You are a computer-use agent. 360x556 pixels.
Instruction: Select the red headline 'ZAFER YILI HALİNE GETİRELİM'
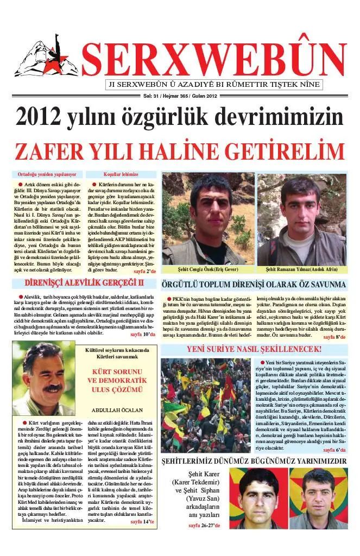(x=180, y=150)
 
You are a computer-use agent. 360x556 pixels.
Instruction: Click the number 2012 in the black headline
(x=42, y=118)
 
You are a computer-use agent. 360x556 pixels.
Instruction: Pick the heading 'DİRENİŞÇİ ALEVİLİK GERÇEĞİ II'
(x=84, y=283)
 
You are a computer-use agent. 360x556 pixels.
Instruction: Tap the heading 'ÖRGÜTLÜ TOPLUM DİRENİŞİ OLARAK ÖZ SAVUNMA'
(x=253, y=284)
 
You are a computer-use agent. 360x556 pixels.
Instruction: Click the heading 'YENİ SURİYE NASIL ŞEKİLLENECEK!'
(x=255, y=349)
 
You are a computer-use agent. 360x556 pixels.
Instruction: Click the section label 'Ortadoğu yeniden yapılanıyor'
(x=47, y=175)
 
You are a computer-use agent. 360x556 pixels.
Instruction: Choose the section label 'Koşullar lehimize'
(x=121, y=175)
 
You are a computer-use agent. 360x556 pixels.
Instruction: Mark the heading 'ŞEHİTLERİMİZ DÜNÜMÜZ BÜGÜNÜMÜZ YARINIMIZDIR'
(x=254, y=462)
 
